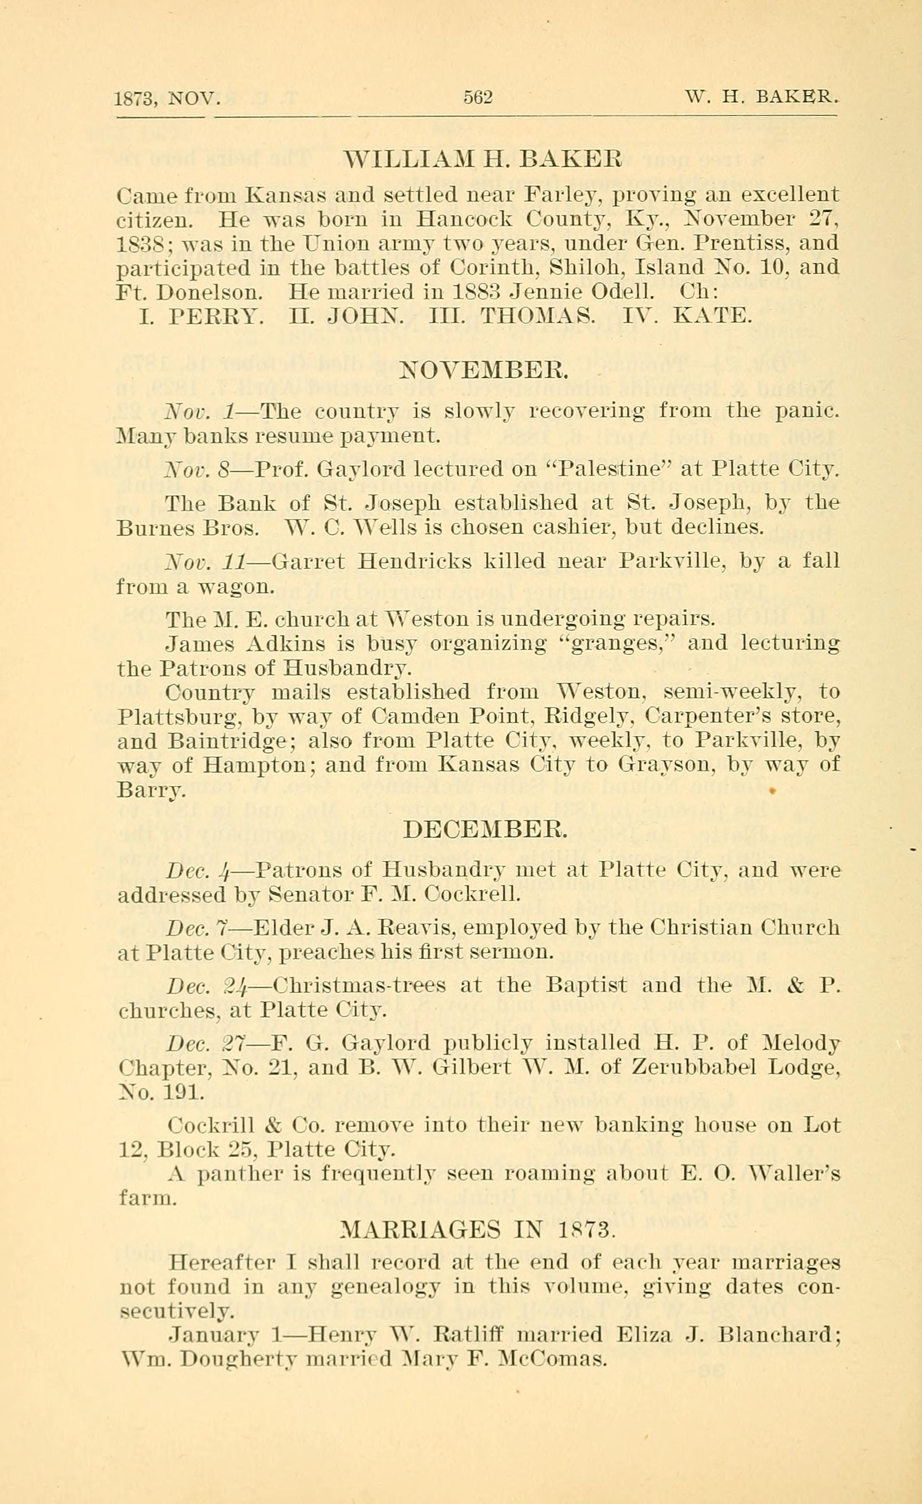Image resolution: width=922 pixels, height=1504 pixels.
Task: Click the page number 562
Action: pos(477,97)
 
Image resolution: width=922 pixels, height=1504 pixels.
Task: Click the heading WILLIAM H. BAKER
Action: pos(483,161)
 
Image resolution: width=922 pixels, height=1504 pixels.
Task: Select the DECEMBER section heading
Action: pos(486,829)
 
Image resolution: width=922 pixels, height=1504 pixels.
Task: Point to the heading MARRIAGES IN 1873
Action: pos(476,1229)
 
